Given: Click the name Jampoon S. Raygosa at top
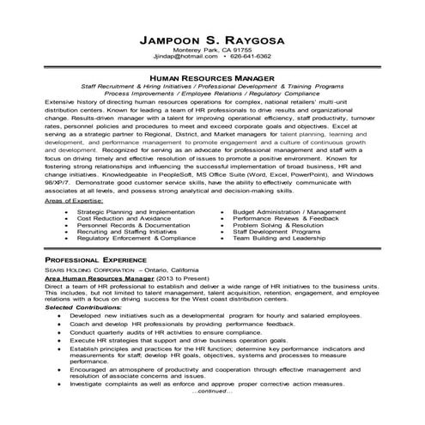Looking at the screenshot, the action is click(x=211, y=40).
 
